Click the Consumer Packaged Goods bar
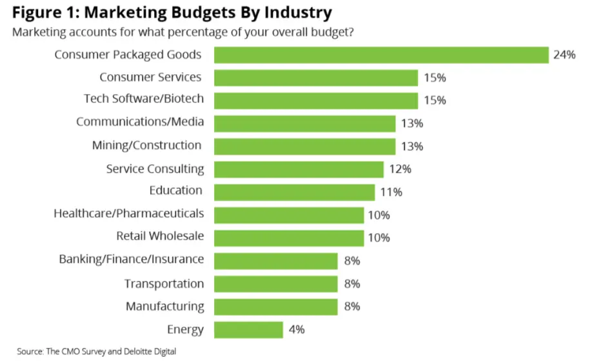(381, 55)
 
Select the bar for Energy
(248, 330)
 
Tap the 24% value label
(564, 55)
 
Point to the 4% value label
(296, 330)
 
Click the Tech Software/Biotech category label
(144, 99)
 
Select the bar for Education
(294, 192)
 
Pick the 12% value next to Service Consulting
(400, 169)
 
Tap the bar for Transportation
(275, 284)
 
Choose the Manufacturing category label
(164, 307)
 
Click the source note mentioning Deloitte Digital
(96, 352)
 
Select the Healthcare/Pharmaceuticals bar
(289, 215)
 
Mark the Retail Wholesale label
(160, 236)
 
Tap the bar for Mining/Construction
(304, 146)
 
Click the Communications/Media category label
(140, 122)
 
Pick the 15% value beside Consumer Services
(435, 78)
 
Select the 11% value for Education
(391, 192)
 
